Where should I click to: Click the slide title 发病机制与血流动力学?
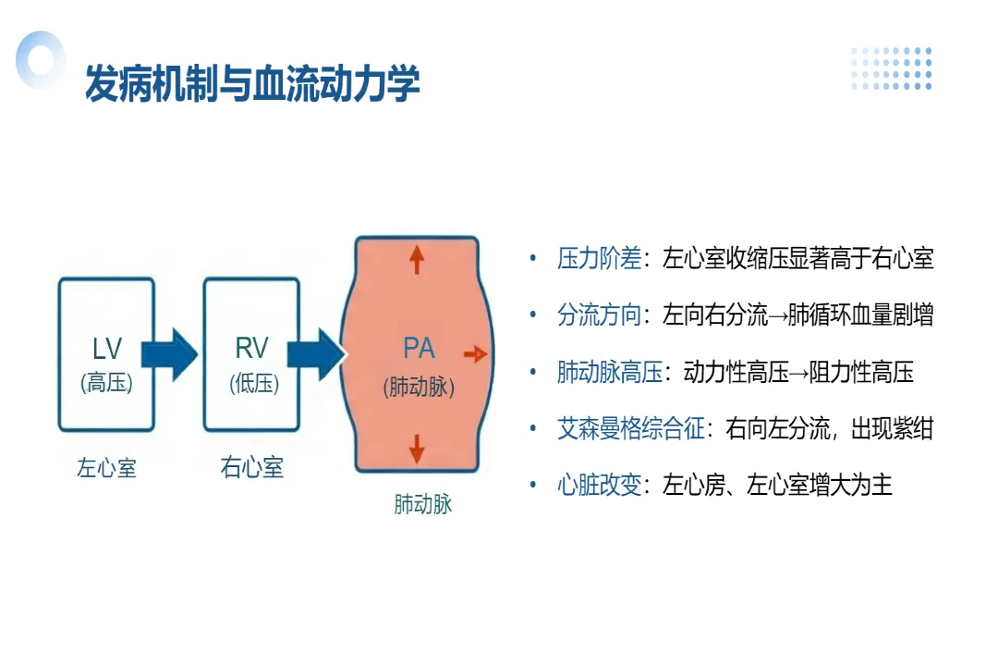[x=252, y=84]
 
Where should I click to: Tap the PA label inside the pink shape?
[x=419, y=348]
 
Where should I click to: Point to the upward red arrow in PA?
[x=417, y=260]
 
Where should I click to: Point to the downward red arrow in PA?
[x=417, y=448]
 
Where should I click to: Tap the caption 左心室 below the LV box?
[x=106, y=468]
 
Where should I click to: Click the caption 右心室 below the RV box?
[x=251, y=467]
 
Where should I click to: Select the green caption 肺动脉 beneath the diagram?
[x=423, y=506]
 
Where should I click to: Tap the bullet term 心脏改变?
[x=599, y=486]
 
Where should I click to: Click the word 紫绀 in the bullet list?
[x=912, y=429]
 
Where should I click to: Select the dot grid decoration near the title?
[x=891, y=68]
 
